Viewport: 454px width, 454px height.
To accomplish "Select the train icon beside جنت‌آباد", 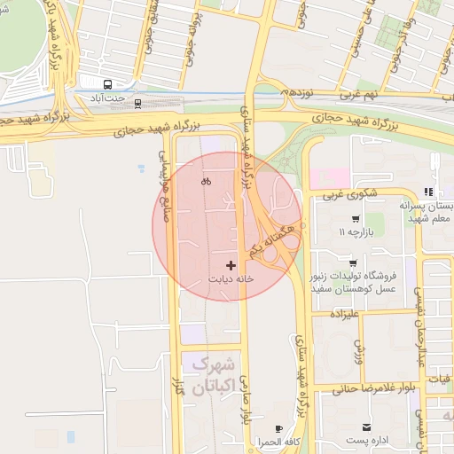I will pyautogui.click(x=137, y=103).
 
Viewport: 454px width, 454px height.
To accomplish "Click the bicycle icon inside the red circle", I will pyautogui.click(x=206, y=182).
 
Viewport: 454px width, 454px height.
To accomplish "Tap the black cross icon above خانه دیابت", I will pyautogui.click(x=231, y=265).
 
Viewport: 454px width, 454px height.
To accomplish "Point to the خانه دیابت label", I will pyautogui.click(x=231, y=278).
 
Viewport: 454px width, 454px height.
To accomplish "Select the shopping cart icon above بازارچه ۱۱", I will pyautogui.click(x=355, y=219).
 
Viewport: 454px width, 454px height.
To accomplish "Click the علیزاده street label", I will pyautogui.click(x=349, y=314).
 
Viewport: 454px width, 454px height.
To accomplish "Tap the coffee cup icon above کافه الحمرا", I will pyautogui.click(x=278, y=428).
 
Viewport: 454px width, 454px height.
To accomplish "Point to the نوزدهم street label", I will pyautogui.click(x=299, y=91).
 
